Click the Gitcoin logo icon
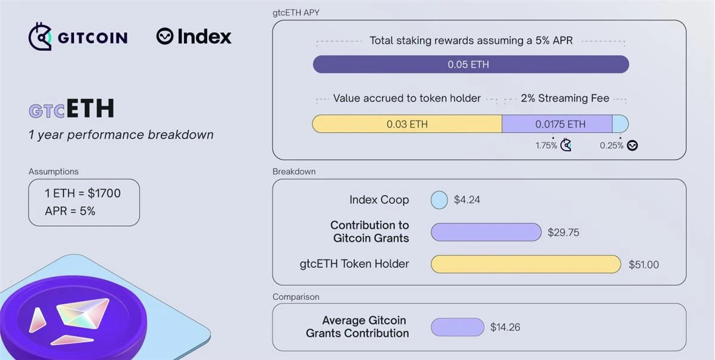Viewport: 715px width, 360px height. pyautogui.click(x=40, y=37)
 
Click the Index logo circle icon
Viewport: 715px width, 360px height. pyautogui.click(x=164, y=36)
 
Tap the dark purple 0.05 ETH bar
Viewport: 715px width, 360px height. pyautogui.click(x=471, y=64)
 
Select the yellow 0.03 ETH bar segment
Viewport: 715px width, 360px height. pyautogui.click(x=407, y=124)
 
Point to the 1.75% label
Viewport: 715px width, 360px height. pyautogui.click(x=546, y=145)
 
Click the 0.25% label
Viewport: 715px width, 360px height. pyautogui.click(x=611, y=145)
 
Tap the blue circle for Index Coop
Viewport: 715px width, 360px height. pyautogui.click(x=439, y=200)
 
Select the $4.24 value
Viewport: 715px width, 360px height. pyautogui.click(x=467, y=200)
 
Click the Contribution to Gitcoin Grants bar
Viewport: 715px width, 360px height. pyautogui.click(x=486, y=232)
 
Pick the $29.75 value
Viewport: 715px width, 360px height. pyautogui.click(x=563, y=232)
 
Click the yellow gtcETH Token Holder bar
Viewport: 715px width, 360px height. pyautogui.click(x=526, y=264)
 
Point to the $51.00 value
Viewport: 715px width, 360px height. pyautogui.click(x=643, y=265)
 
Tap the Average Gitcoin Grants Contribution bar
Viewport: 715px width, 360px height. pyautogui.click(x=457, y=327)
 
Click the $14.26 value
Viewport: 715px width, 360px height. pyautogui.click(x=505, y=327)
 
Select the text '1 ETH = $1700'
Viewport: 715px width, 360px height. pyautogui.click(x=83, y=193)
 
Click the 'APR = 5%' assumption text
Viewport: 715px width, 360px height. pyautogui.click(x=70, y=211)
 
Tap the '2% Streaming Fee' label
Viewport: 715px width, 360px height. pyautogui.click(x=565, y=98)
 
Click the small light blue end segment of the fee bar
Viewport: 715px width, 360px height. pyautogui.click(x=620, y=124)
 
